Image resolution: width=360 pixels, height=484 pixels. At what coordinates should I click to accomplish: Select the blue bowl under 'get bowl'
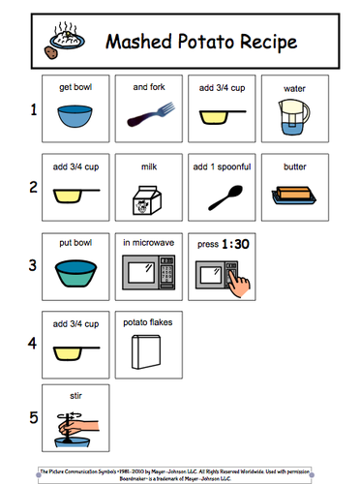coord(76,117)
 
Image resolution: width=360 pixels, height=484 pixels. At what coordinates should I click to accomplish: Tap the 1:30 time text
coord(236,245)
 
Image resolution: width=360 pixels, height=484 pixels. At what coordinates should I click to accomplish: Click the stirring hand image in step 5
coord(75,426)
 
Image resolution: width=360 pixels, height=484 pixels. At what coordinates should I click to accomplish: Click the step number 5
coord(33,419)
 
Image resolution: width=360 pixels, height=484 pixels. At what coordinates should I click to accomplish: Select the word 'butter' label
coord(295,167)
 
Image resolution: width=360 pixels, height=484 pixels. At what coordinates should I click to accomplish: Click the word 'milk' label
coord(148,167)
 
